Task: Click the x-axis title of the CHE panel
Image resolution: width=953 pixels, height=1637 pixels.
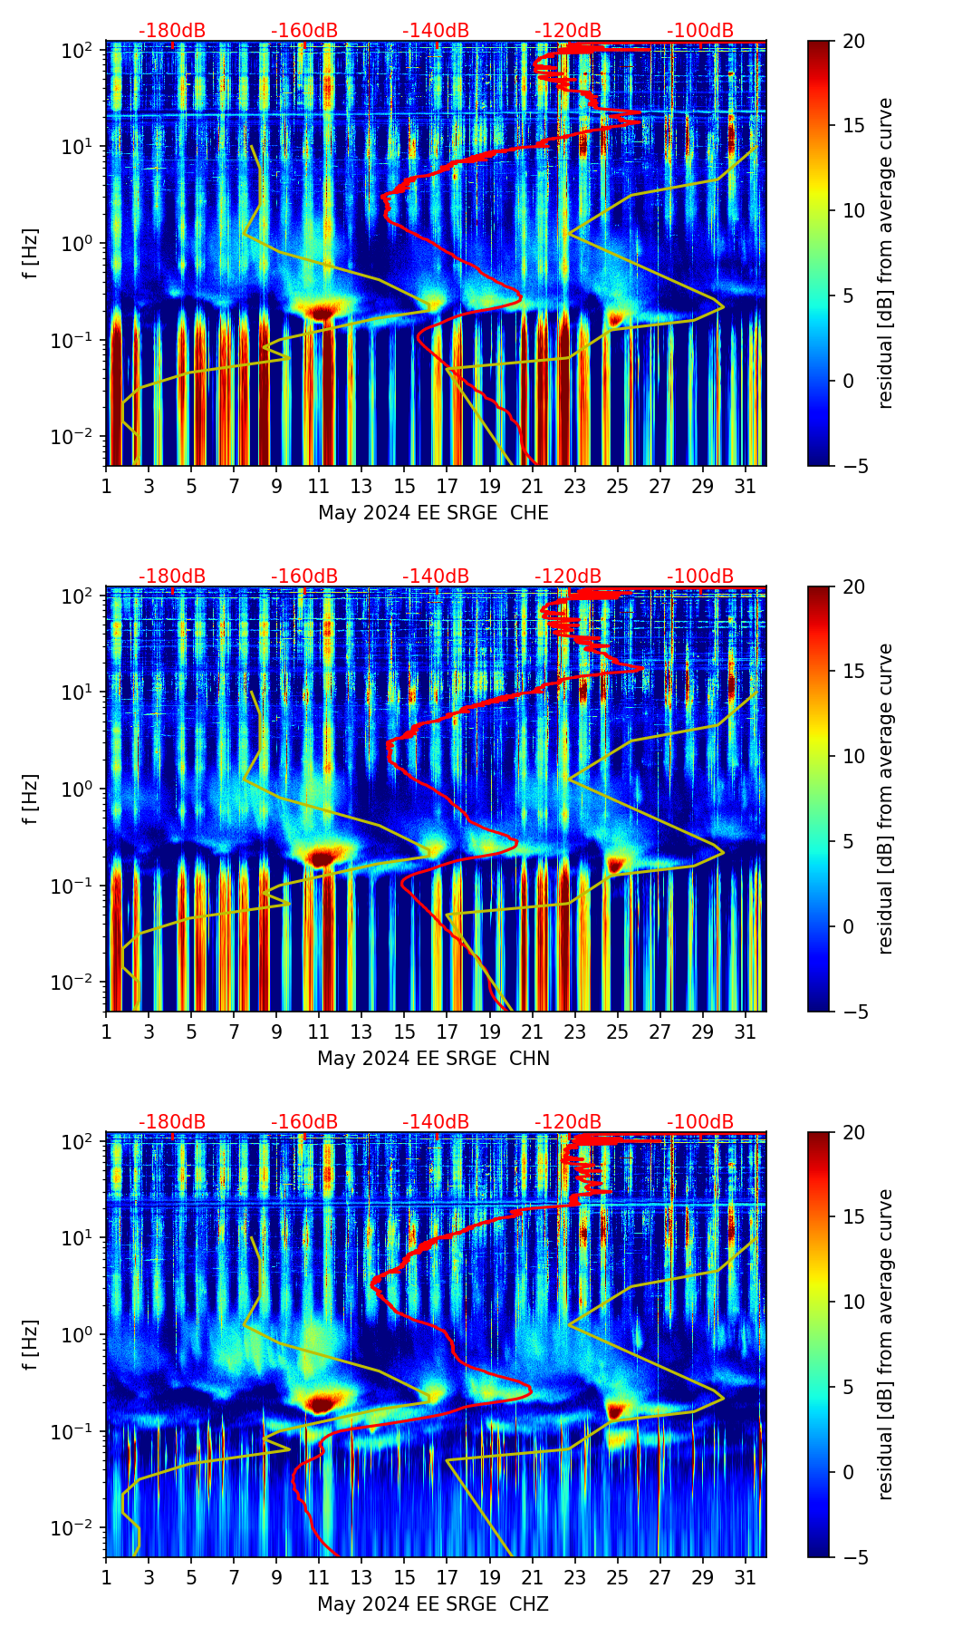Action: click(433, 513)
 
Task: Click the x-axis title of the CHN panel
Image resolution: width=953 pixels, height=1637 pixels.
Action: click(433, 1059)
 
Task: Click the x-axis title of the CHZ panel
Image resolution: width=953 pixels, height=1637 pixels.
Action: click(433, 1604)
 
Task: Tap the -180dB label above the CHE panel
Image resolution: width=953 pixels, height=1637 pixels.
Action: click(172, 31)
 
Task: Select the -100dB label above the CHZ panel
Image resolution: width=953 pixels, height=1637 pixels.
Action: click(700, 1122)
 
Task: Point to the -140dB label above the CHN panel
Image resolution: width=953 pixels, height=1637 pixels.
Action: click(436, 576)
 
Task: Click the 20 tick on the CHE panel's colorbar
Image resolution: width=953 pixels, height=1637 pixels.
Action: click(854, 41)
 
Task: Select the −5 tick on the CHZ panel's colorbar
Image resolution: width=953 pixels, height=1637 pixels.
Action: click(854, 1557)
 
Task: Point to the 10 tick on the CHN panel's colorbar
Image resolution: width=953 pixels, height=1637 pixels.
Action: click(854, 756)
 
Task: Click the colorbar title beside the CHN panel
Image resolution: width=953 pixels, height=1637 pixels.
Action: click(886, 799)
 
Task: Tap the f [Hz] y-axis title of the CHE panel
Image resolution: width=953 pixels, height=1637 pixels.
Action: click(32, 253)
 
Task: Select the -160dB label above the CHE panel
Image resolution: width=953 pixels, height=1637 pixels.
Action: click(304, 31)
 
